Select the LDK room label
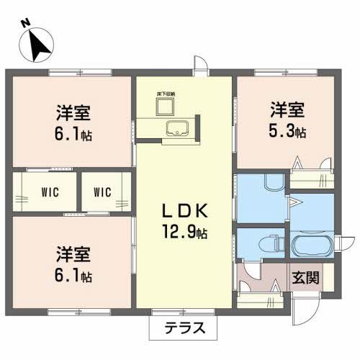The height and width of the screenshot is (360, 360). click(x=184, y=212)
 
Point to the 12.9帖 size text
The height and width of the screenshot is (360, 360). click(x=184, y=233)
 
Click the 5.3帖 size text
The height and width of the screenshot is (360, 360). click(x=288, y=132)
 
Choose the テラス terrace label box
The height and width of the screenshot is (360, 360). click(x=181, y=328)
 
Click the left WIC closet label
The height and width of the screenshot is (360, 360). click(x=50, y=192)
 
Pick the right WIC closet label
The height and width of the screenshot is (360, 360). click(x=102, y=192)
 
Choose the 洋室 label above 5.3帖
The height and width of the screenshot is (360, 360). click(x=288, y=110)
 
